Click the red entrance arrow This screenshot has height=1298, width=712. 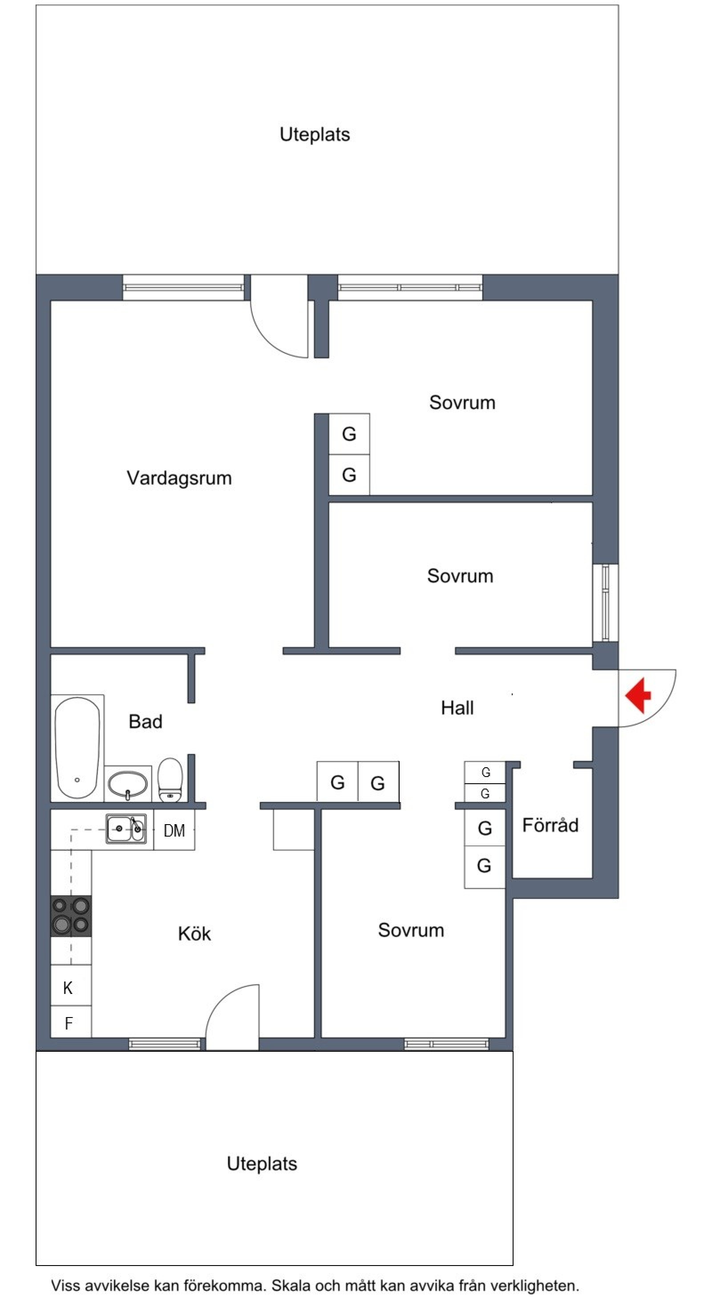(639, 696)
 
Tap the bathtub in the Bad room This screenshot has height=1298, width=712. (77, 748)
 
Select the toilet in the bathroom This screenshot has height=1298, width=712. (170, 780)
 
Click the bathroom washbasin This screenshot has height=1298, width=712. (128, 785)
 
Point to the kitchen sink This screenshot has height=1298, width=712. (126, 829)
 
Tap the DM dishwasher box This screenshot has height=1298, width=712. (174, 830)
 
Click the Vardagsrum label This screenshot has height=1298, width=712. (179, 478)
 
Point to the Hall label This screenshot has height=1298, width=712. (457, 708)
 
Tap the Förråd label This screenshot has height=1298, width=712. (550, 825)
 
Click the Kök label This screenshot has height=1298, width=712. (194, 933)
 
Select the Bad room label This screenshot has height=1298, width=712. (145, 721)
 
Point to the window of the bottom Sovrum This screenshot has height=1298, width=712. (446, 1044)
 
